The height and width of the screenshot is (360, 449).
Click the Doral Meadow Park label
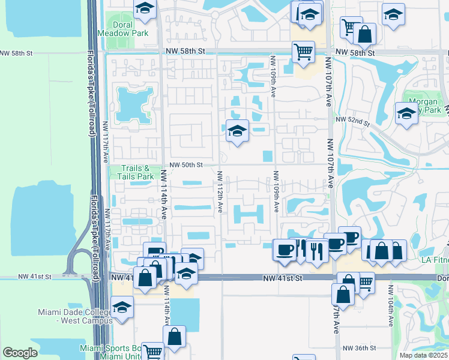[x=130, y=29]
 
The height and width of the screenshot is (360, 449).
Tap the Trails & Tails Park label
[x=130, y=173]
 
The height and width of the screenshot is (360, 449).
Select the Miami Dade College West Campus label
[x=74, y=316]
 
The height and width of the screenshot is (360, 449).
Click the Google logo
[x=20, y=353]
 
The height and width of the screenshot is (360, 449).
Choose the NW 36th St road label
[x=359, y=348]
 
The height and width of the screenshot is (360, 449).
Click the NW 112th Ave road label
[x=220, y=191]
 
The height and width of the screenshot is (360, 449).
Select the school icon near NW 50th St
[x=237, y=130]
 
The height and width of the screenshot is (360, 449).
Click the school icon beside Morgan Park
[x=406, y=113]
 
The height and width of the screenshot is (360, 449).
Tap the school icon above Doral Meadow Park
[x=145, y=9]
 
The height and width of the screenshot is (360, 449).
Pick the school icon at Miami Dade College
[x=122, y=308]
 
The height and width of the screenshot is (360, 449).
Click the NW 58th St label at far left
[x=16, y=53]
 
